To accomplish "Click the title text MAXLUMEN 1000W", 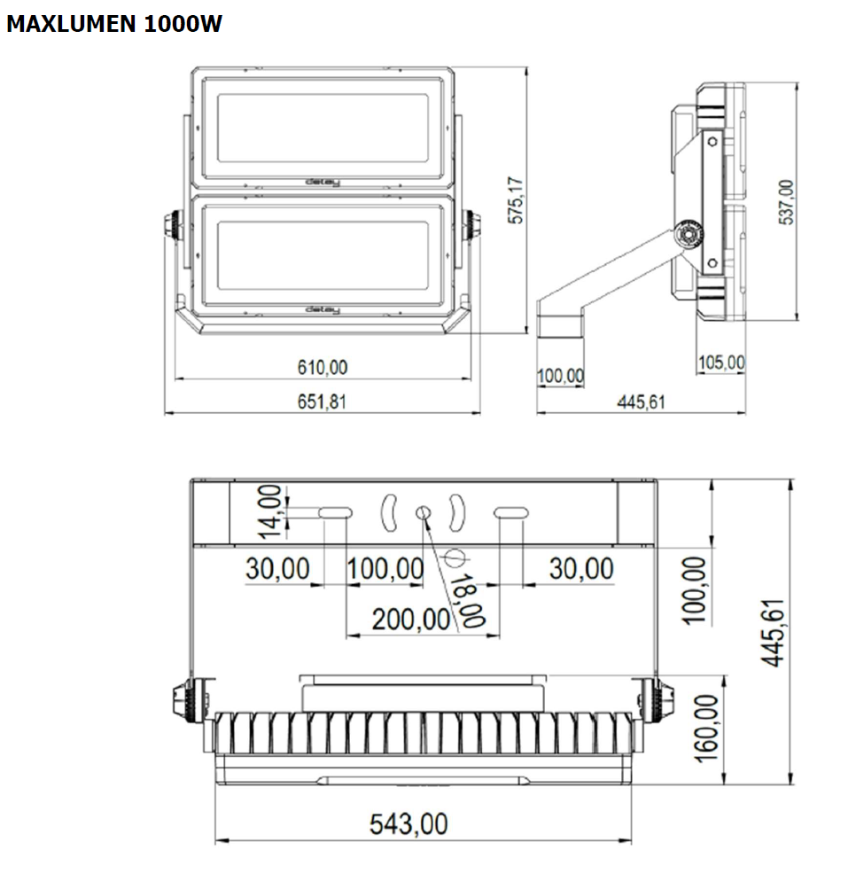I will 113,25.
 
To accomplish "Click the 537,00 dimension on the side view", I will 786,202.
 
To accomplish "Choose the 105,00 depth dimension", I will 720,363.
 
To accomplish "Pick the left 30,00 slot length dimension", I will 277,569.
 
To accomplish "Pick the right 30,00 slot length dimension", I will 580,569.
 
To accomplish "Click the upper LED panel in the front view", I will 323,128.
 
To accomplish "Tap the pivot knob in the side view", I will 687,236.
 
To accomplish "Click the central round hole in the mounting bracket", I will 424,512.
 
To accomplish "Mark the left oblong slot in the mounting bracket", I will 335,512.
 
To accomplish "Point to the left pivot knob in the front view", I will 173,225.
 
